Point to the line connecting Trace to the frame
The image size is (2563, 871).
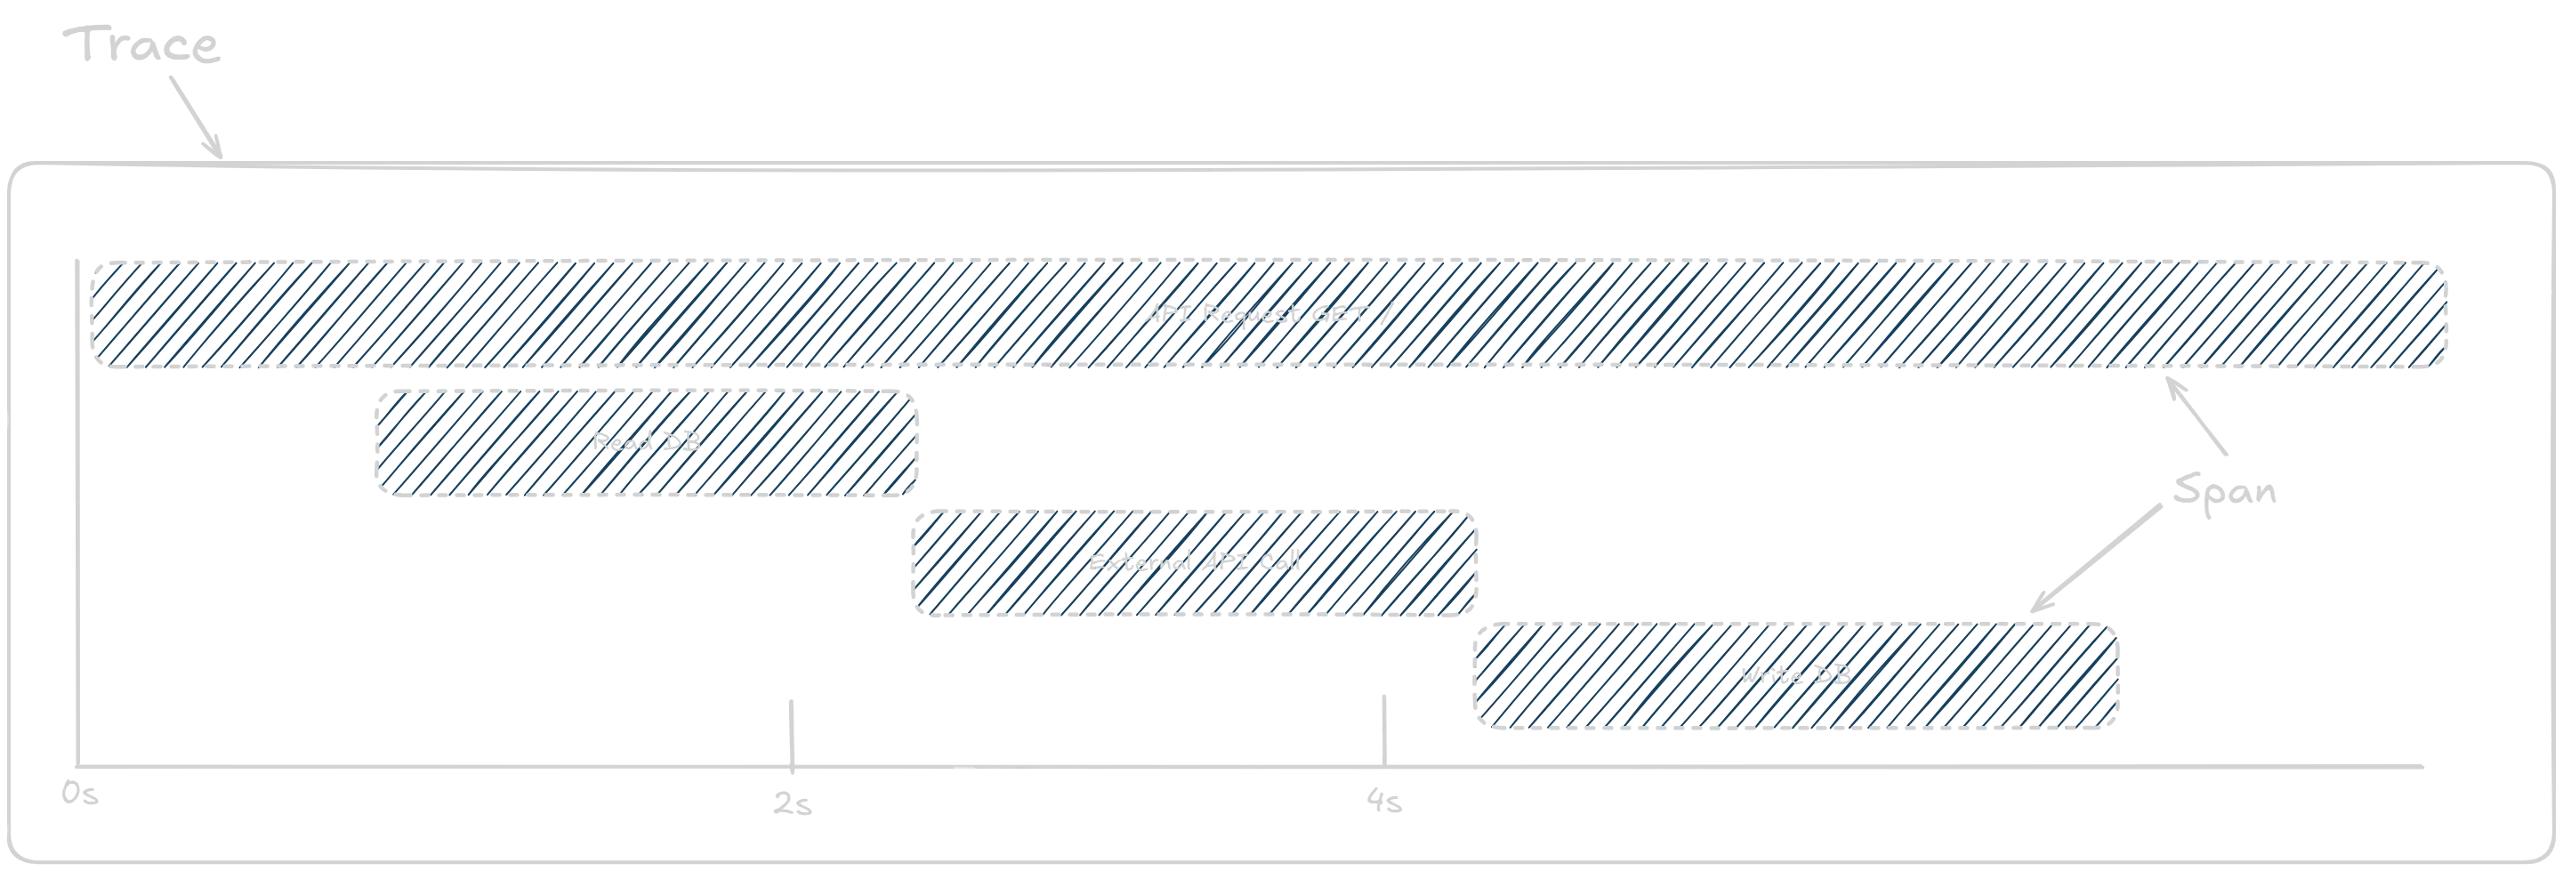pyautogui.click(x=196, y=118)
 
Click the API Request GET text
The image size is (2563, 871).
pyautogui.click(x=1267, y=315)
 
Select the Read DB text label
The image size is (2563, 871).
pyautogui.click(x=648, y=441)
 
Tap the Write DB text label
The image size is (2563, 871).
pyautogui.click(x=1793, y=675)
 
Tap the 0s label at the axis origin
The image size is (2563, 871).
pyautogui.click(x=77, y=794)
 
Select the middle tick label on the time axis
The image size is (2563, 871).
pyautogui.click(x=793, y=803)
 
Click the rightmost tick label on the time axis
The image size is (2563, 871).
pyautogui.click(x=1386, y=802)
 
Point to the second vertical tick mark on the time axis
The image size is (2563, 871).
pyautogui.click(x=1383, y=727)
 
